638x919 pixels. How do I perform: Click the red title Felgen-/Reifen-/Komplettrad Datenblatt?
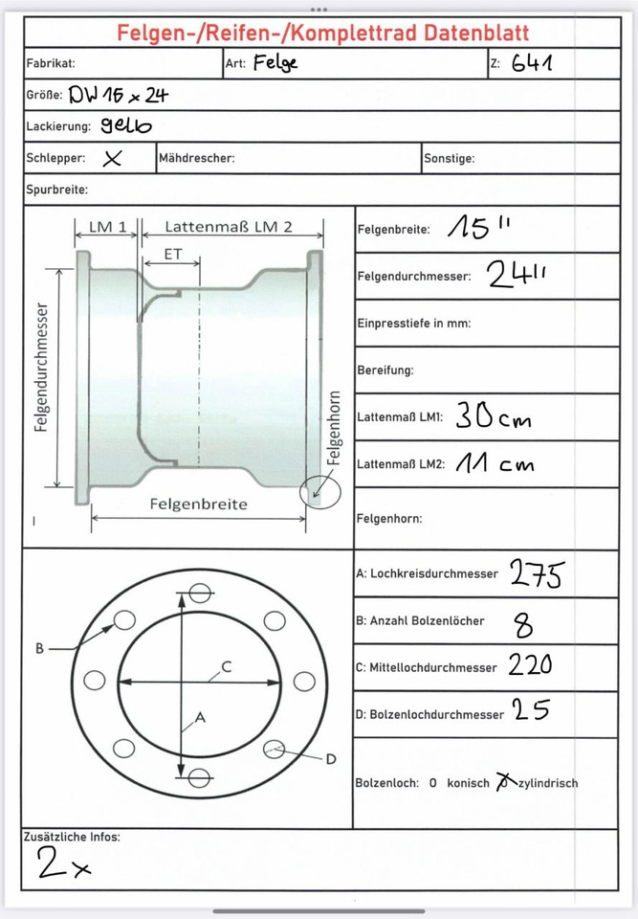point(322,33)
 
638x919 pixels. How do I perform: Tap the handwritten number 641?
point(533,64)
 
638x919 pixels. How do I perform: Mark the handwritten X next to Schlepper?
point(112,159)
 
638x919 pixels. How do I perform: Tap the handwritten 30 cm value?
point(492,417)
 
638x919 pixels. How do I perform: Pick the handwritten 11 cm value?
point(492,464)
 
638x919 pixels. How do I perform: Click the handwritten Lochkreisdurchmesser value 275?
point(537,573)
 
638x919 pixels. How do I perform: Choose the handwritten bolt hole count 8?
point(524,625)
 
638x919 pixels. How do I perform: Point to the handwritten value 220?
point(529,665)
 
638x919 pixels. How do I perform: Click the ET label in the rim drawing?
point(173,256)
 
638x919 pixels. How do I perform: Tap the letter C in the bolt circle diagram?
point(227,666)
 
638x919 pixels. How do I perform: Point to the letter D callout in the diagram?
point(330,759)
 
